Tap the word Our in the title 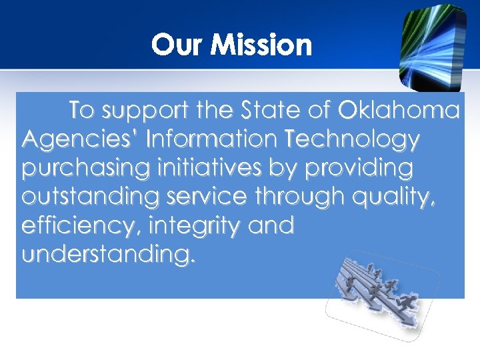point(173,45)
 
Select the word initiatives point(205,169)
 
